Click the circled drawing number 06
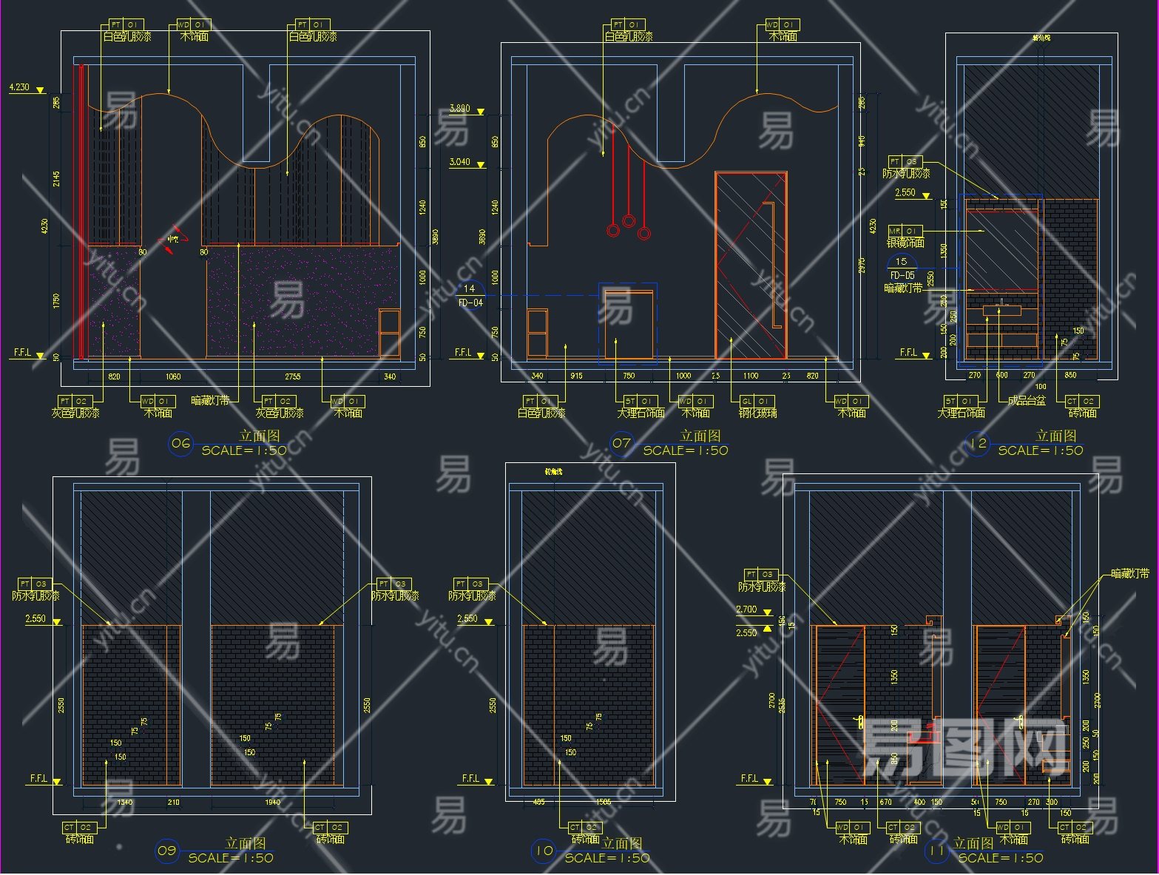[180, 444]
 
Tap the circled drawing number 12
[978, 444]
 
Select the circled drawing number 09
[166, 851]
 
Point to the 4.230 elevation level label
[19, 87]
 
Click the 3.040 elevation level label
[459, 162]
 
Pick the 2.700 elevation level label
[746, 609]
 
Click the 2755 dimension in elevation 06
[293, 376]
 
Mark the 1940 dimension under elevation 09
[272, 803]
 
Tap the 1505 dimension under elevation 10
[604, 803]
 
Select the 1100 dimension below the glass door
[750, 376]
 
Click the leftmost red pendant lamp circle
[612, 230]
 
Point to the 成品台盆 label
[1027, 413]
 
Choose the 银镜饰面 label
[905, 243]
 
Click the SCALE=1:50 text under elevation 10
[606, 858]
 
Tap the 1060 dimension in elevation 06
[172, 376]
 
